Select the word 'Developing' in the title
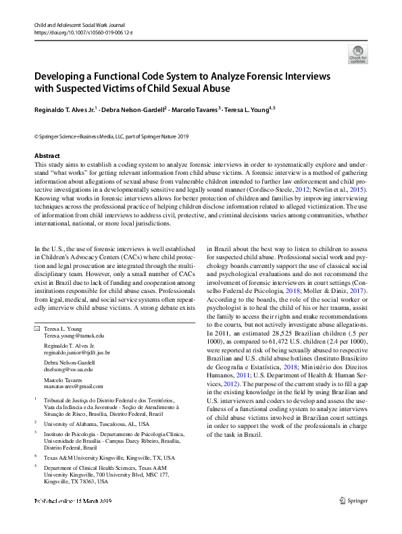59,75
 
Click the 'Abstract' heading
47,156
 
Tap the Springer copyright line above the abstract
111,136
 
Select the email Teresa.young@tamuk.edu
74,335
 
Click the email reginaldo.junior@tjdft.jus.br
77,352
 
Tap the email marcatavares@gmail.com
74,388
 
